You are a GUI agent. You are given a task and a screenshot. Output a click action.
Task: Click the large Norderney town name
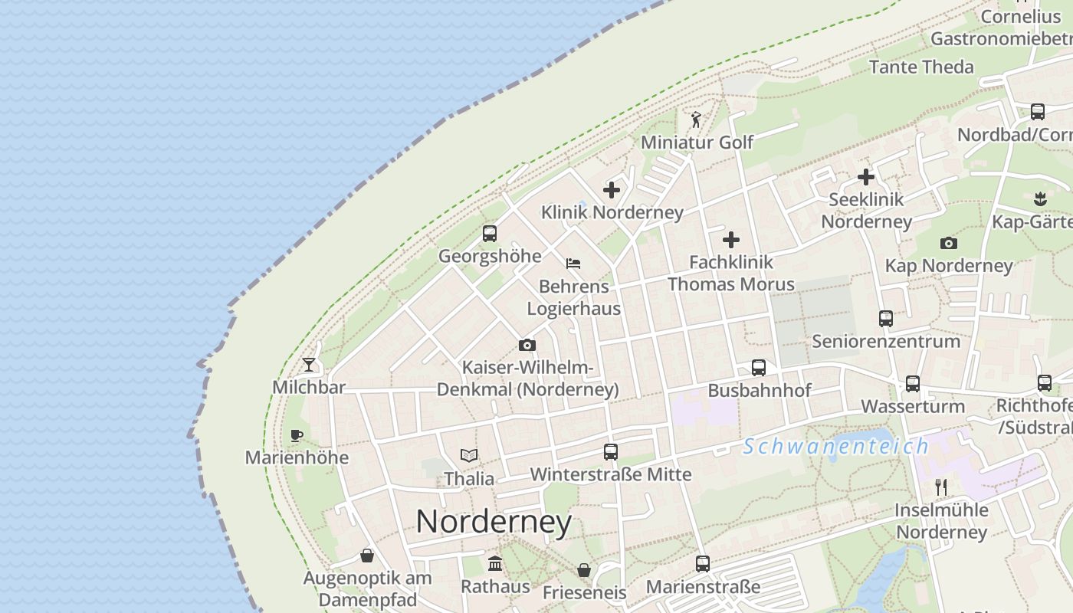pos(494,523)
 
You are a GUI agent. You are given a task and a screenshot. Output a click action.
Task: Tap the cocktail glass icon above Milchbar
pos(309,364)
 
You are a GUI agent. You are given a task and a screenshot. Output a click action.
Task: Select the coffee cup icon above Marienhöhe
pos(297,435)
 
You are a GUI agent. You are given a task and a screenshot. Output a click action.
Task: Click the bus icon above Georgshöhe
pos(489,234)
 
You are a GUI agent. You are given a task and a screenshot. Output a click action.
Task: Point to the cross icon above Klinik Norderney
pos(612,189)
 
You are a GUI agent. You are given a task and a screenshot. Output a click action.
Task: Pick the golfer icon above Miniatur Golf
pos(696,120)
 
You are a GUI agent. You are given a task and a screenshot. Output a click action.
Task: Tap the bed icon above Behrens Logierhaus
pos(573,264)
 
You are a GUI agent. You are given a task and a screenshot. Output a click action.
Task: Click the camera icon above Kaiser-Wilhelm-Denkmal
pos(527,346)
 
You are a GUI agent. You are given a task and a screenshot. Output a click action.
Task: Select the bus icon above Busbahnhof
pos(759,368)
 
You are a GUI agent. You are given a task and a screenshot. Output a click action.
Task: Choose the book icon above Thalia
pos(469,456)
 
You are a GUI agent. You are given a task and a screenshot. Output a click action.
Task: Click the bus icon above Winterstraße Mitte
pos(610,452)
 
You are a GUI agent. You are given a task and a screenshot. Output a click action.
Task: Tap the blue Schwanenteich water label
pos(835,446)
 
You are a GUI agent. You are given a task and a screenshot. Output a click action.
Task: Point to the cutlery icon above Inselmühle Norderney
pos(941,487)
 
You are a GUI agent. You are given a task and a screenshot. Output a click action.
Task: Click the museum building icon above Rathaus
pos(495,564)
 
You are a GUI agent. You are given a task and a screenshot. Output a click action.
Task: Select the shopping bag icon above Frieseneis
pos(584,570)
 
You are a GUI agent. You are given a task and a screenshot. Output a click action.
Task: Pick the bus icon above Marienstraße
pos(703,564)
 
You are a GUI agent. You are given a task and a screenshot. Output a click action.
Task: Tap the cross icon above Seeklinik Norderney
pos(866,177)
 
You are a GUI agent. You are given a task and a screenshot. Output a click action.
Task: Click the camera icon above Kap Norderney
pos(949,244)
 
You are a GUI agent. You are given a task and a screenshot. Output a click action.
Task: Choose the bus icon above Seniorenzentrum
pos(886,319)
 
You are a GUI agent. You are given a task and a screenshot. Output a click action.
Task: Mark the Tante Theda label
pos(921,67)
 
